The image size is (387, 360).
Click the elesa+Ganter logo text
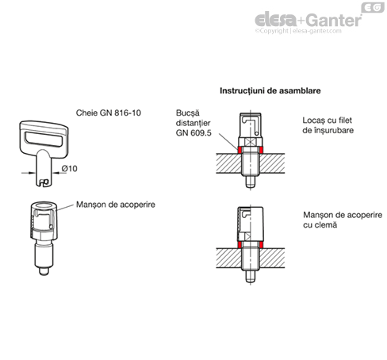click(308, 20)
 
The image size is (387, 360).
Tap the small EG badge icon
click(373, 7)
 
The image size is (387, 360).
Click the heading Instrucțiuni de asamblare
click(270, 90)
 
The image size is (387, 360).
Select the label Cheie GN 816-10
click(109, 113)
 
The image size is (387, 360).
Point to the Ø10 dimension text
click(69, 168)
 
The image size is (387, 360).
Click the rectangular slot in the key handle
click(44, 140)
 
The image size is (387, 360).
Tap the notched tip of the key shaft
click(44, 182)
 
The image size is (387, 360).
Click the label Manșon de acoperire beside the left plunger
click(116, 205)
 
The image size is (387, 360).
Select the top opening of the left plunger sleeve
click(44, 206)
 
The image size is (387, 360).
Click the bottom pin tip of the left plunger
click(44, 271)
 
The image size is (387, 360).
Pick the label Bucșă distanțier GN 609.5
click(193, 123)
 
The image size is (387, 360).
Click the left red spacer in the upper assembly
click(239, 150)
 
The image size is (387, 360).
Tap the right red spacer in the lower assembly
click(261, 245)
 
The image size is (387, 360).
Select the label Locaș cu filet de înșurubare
click(328, 125)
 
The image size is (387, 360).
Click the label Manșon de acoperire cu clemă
click(343, 220)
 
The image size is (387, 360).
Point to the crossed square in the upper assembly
click(251, 142)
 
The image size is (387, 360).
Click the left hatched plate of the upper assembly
click(229, 163)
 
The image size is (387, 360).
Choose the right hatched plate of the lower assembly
click(272, 259)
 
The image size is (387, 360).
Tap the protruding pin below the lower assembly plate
click(250, 277)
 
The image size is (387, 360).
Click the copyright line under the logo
click(298, 31)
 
